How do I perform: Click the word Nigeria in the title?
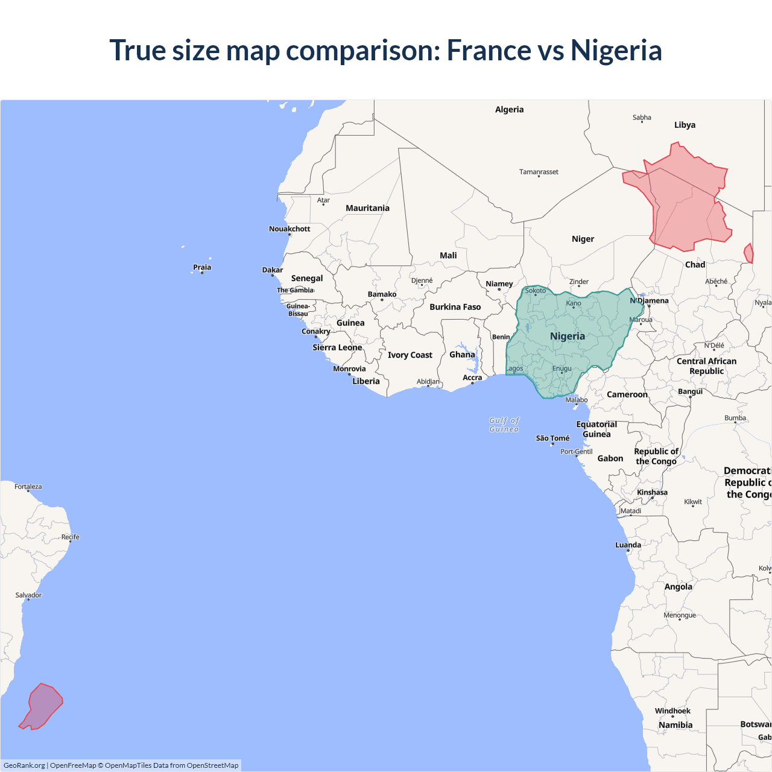[x=616, y=50]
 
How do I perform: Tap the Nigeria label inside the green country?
[x=567, y=336]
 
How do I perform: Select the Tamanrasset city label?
[x=539, y=172]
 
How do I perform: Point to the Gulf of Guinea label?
[x=504, y=425]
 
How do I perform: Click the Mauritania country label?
[x=367, y=208]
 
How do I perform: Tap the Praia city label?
[x=202, y=267]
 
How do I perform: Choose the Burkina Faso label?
[x=455, y=307]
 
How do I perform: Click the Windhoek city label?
[x=672, y=711]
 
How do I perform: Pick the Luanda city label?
[x=628, y=545]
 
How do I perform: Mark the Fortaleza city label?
[x=28, y=487]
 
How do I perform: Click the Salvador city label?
[x=28, y=595]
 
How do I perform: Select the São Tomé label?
[x=552, y=438]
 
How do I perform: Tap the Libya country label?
[x=685, y=125]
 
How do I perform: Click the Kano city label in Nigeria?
[x=574, y=303]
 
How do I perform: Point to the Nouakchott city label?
[x=289, y=229]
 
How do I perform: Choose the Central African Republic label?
[x=706, y=366]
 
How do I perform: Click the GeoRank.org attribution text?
[x=24, y=765]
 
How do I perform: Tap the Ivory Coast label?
[x=410, y=355]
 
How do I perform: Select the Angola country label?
[x=678, y=587]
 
